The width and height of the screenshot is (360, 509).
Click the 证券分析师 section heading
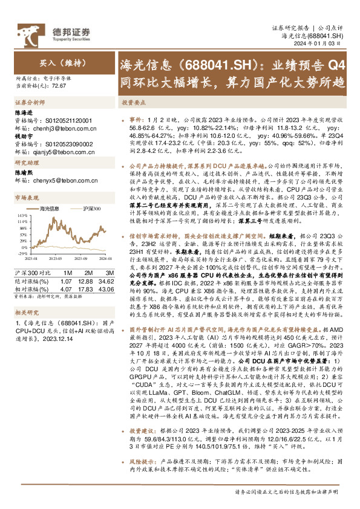point(27,103)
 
